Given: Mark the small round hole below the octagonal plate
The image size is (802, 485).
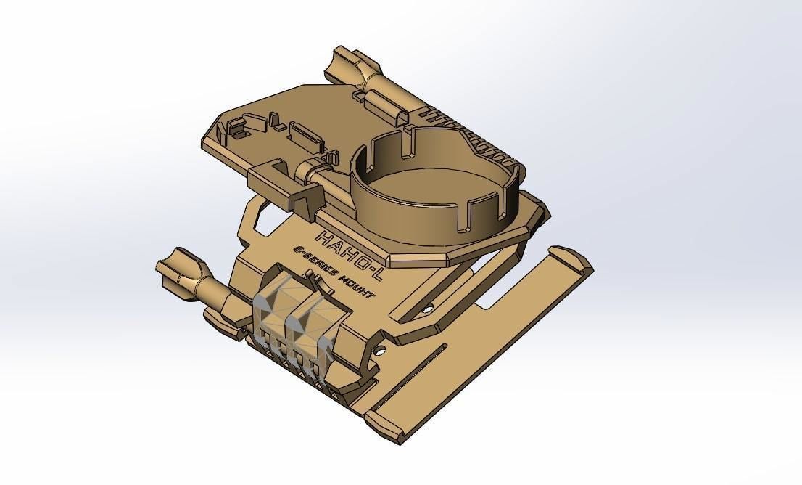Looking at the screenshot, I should (429, 309).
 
